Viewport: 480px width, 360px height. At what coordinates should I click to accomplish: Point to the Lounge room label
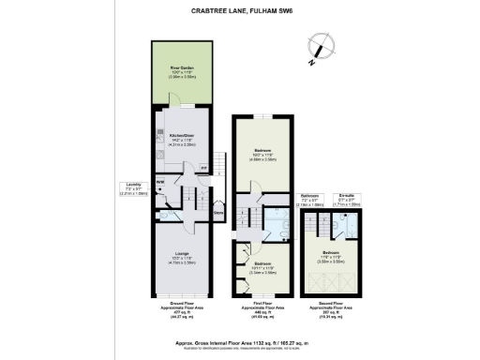183,259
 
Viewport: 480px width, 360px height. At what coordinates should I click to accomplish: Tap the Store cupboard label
218,212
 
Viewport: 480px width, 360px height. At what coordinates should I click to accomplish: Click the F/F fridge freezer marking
203,168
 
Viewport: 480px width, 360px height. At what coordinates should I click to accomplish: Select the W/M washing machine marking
160,182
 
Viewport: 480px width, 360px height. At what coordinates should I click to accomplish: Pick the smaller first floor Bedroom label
263,266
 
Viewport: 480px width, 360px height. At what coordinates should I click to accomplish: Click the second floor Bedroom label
329,256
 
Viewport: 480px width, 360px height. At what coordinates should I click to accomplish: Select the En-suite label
346,198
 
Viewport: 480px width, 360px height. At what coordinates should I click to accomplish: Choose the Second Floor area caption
329,310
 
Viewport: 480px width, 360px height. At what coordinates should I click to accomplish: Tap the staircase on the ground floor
187,198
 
